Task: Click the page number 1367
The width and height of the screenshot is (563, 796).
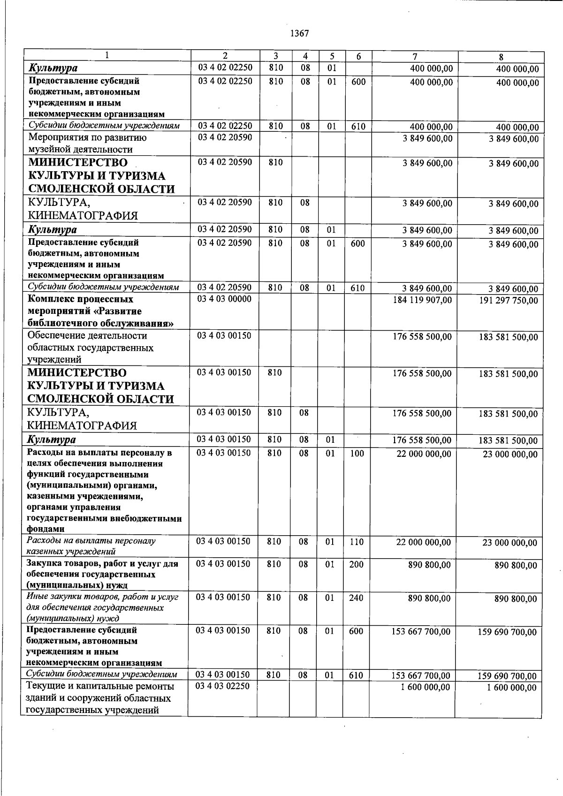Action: [299, 33]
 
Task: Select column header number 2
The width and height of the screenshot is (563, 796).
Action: [225, 56]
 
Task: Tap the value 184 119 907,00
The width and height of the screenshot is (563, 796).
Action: [422, 300]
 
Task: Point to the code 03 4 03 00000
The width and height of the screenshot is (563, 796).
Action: [224, 299]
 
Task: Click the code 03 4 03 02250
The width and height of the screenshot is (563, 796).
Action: [223, 686]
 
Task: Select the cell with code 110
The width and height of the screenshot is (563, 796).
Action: [357, 542]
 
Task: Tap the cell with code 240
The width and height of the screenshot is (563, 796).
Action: [356, 598]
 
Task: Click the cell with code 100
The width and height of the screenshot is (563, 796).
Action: [357, 454]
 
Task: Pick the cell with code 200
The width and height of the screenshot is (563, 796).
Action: [356, 564]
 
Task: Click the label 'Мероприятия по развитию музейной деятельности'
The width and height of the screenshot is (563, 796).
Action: [87, 144]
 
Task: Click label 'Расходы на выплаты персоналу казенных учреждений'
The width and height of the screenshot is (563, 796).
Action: [91, 546]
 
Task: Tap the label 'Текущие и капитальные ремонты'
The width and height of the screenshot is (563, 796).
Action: [100, 686]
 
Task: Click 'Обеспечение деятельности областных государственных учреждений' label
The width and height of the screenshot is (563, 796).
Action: [90, 348]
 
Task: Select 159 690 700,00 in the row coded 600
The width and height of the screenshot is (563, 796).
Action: [507, 632]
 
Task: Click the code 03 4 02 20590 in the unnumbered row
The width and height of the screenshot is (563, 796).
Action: [225, 137]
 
